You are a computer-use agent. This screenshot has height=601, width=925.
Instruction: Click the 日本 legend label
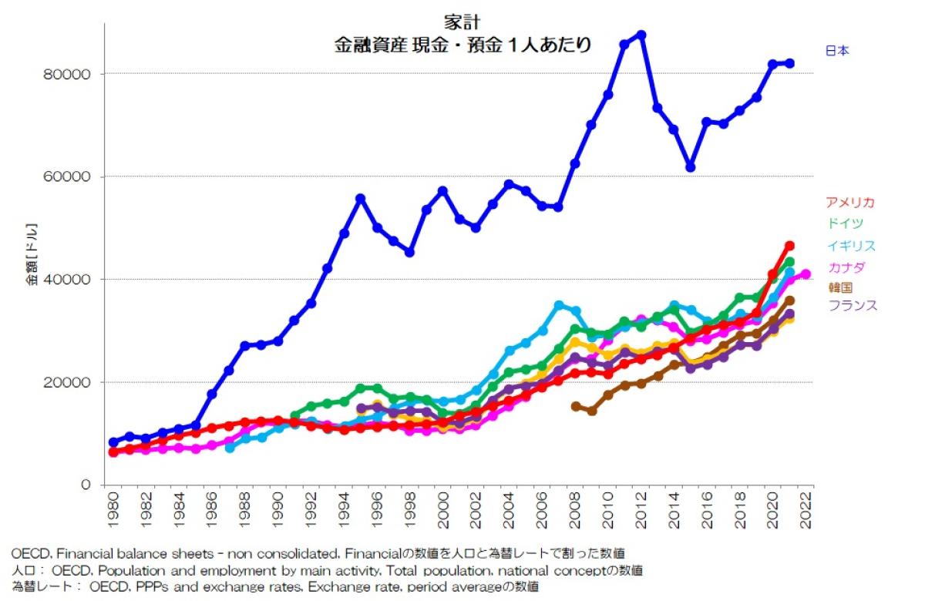coord(837,51)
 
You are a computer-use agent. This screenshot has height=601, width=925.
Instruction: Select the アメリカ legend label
coord(850,203)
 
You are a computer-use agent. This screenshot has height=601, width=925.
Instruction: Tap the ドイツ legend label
coord(845,223)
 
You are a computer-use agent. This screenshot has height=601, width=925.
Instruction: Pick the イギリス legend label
coord(851,246)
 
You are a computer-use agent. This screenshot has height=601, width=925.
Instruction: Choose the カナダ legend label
coord(845,267)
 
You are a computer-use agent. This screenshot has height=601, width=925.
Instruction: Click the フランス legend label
coord(853,305)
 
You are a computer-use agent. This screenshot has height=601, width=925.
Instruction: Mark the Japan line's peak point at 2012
coord(641,35)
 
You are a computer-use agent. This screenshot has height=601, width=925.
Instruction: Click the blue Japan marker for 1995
coord(360,198)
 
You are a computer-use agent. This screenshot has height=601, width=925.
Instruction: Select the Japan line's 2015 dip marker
coord(691,167)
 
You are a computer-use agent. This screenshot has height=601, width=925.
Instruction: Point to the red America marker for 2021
coord(789,246)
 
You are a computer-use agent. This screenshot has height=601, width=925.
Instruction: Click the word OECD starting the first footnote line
coord(29,553)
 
